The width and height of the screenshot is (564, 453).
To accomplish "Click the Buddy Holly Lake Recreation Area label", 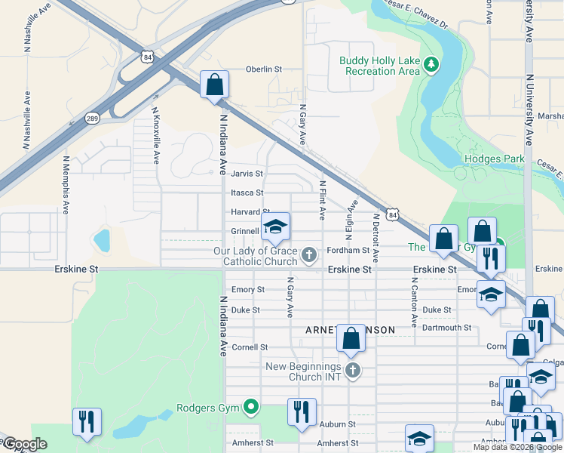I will (379, 66).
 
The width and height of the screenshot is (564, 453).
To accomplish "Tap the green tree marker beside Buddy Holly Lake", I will (431, 66).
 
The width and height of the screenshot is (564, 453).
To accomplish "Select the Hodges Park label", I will (494, 159).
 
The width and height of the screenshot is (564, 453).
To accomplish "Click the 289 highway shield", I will (92, 119).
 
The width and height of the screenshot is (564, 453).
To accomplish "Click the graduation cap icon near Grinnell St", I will (275, 226).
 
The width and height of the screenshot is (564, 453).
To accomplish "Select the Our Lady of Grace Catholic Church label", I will (261, 256).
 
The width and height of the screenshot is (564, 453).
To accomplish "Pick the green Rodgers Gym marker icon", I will (251, 408).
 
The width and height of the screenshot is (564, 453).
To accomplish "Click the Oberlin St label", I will (263, 69).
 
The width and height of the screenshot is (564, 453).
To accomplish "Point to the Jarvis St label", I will (247, 173).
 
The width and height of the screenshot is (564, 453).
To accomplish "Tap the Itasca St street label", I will (247, 193).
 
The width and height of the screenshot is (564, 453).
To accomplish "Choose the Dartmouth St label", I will (446, 328).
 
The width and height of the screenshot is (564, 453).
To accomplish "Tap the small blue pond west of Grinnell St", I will (101, 241).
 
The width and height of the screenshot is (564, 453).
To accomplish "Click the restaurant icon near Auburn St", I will (302, 412).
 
